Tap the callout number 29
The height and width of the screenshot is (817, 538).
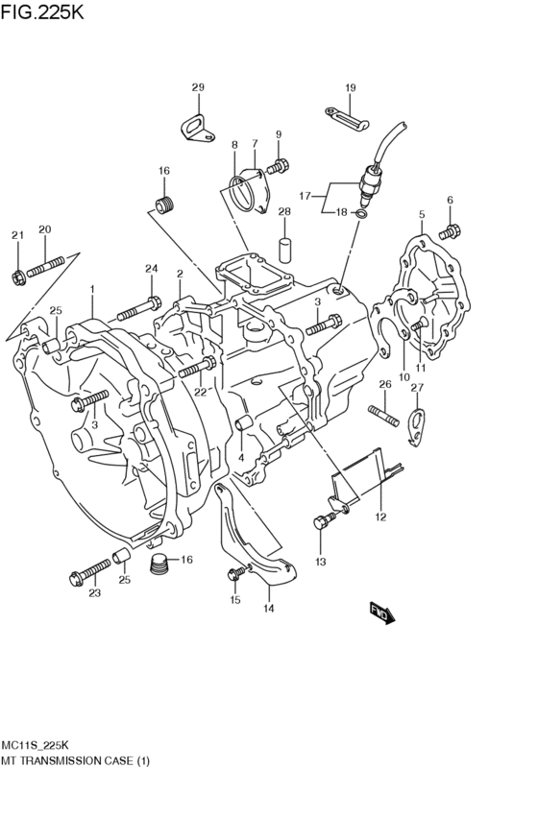(197, 88)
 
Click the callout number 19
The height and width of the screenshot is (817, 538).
(350, 88)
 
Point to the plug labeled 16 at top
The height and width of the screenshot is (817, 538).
(167, 204)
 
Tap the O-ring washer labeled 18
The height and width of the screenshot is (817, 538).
(358, 213)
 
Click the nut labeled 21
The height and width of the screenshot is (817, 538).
(18, 278)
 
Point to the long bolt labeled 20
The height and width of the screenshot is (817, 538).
(45, 266)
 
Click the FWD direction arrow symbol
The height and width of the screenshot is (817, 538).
(383, 613)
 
